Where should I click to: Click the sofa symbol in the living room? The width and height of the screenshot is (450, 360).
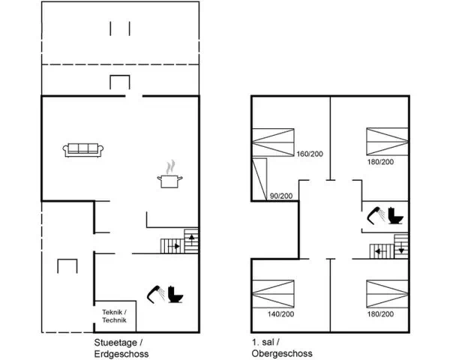(83, 150)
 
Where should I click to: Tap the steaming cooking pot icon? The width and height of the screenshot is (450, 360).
(170, 175)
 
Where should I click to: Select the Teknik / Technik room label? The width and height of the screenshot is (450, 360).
(115, 316)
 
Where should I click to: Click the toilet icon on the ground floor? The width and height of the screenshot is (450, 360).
(175, 294)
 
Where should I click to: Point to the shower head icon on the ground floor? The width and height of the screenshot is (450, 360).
(156, 294)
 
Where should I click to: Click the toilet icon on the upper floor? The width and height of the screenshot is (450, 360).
(396, 215)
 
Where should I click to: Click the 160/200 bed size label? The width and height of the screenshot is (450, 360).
(310, 154)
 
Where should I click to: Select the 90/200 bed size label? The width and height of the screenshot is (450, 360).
(281, 196)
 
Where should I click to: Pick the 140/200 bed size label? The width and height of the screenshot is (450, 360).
(280, 314)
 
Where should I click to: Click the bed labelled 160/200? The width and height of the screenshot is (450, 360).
(273, 142)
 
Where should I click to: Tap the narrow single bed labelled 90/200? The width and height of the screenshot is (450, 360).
(259, 178)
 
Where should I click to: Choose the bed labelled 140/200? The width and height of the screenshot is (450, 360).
(273, 294)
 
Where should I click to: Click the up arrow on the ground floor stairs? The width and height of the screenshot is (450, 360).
(191, 238)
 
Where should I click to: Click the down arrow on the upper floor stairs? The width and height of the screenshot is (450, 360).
(401, 249)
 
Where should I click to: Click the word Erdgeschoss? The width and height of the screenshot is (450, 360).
(121, 354)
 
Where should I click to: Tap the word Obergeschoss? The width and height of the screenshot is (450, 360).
(282, 353)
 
